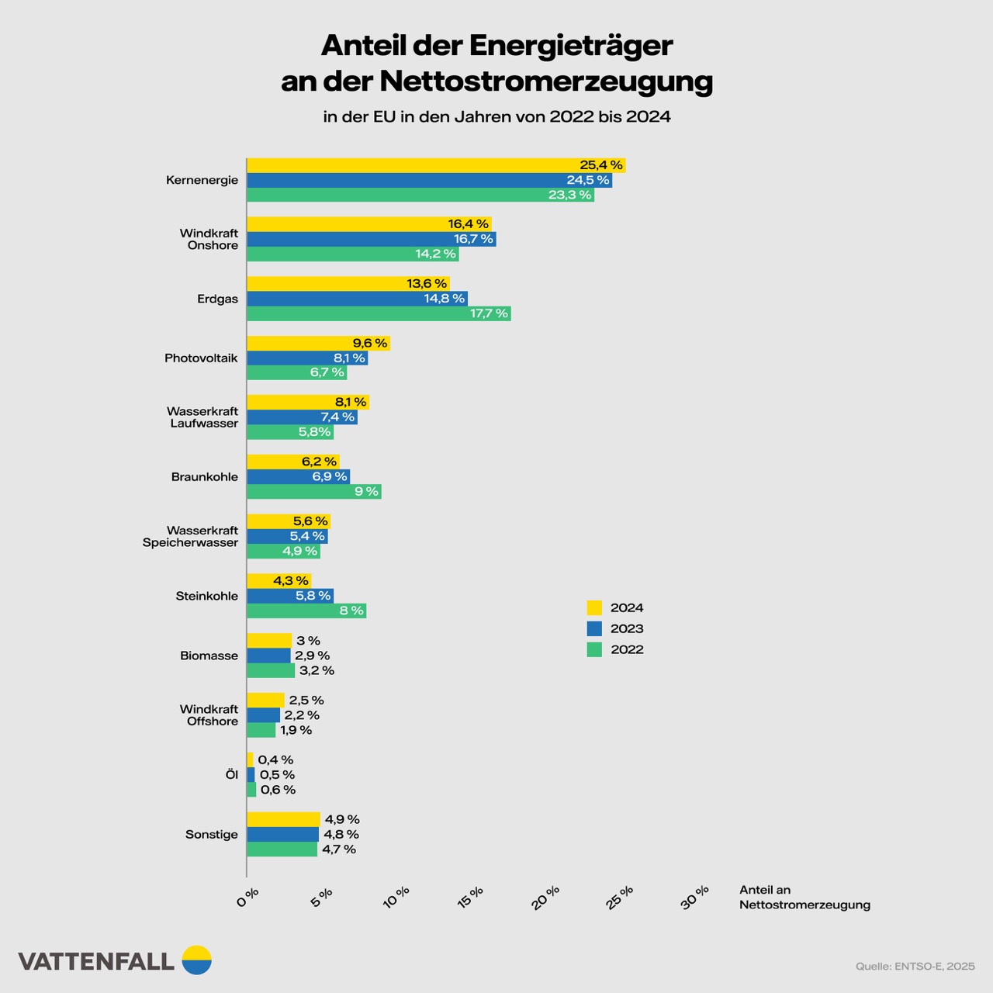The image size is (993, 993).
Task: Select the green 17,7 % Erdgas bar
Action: click(379, 313)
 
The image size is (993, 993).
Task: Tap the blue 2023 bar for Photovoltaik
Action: click(307, 358)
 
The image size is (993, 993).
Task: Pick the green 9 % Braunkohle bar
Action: click(313, 492)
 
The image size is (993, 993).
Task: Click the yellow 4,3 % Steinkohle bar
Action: click(279, 580)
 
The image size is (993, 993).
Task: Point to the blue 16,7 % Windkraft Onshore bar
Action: click(371, 239)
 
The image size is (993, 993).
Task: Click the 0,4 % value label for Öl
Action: click(275, 760)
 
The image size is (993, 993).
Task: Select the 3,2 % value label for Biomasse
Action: click(317, 670)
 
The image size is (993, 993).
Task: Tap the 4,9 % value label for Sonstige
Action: click(342, 819)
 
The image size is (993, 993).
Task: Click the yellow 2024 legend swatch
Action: click(594, 607)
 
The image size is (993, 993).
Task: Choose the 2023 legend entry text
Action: click(627, 628)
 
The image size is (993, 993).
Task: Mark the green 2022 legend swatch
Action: click(594, 649)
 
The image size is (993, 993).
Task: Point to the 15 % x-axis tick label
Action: click(470, 898)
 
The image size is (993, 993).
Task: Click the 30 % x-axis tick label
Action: click(695, 898)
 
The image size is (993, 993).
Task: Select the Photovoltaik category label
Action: click(201, 358)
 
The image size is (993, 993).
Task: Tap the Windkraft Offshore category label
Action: click(209, 715)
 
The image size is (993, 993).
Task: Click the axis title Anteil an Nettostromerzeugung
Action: click(804, 898)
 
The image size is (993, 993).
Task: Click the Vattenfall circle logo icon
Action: click(196, 960)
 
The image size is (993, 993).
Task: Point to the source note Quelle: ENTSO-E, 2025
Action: click(915, 966)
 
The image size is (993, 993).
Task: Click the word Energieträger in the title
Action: click(570, 45)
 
